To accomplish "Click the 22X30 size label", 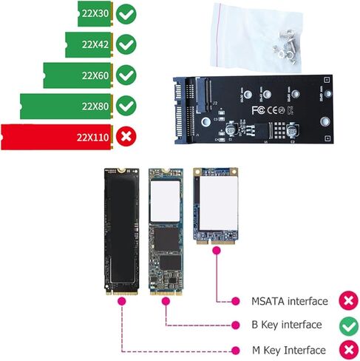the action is pyautogui.click(x=95, y=13).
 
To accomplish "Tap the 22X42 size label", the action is pyautogui.click(x=95, y=44).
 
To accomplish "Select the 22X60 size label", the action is pyautogui.click(x=95, y=75).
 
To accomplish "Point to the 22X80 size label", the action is pyautogui.click(x=95, y=107).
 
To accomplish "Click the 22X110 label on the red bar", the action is pyautogui.click(x=92, y=138).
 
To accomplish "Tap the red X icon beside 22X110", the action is pyautogui.click(x=126, y=136).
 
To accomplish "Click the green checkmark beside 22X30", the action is pyautogui.click(x=126, y=14).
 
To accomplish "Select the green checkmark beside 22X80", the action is pyautogui.click(x=126, y=106).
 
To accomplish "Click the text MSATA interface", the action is pyautogui.click(x=290, y=301).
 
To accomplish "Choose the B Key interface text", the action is pyautogui.click(x=287, y=325).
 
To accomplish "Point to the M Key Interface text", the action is pyautogui.click(x=289, y=350).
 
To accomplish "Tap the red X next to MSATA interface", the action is pyautogui.click(x=349, y=300).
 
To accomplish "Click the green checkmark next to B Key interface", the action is pyautogui.click(x=349, y=326).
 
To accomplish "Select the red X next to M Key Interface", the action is pyautogui.click(x=349, y=350).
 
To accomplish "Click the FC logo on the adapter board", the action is pyautogui.click(x=259, y=110).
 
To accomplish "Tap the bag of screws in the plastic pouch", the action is pyautogui.click(x=286, y=48).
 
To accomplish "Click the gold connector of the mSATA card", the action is pyautogui.click(x=216, y=241).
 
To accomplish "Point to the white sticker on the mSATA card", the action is pyautogui.click(x=219, y=203).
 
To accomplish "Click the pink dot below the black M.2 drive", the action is pyautogui.click(x=122, y=301).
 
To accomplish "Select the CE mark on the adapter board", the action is pyautogui.click(x=272, y=110).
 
